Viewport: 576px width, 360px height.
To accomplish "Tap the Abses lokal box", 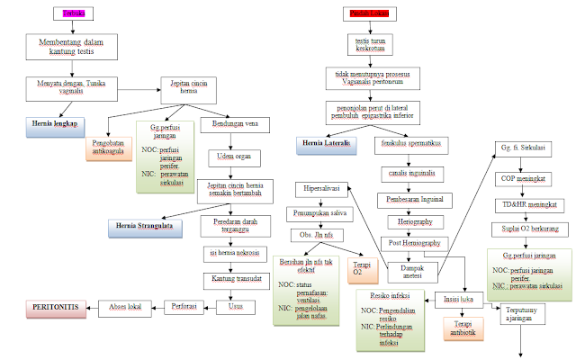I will tap(126, 307).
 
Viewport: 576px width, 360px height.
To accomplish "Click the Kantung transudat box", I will tap(236, 280).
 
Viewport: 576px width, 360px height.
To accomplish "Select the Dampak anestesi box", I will tap(412, 269).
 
